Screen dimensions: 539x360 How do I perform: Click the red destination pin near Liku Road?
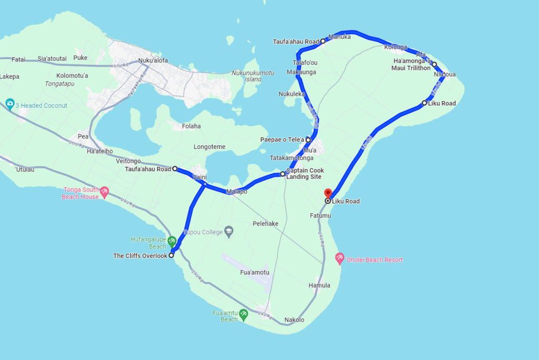[x=327, y=193]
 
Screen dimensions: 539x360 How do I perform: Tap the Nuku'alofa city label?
[x=153, y=60]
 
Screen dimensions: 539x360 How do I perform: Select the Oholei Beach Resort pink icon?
[x=340, y=259]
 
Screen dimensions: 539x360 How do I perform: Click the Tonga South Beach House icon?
[x=105, y=192]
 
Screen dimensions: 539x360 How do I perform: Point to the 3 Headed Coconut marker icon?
[x=9, y=104]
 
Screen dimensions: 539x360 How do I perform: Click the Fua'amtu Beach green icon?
[x=243, y=314]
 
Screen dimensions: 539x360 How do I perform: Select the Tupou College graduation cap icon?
[x=228, y=231]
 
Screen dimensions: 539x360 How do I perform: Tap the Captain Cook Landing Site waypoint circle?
[x=283, y=174]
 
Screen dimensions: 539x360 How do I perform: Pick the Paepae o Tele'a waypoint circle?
[x=308, y=139]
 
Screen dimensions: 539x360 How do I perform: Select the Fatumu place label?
[x=321, y=216]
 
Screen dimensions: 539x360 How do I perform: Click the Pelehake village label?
[x=265, y=224]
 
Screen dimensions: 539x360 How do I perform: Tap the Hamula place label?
[x=320, y=285]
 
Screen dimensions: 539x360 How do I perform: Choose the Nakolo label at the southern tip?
[x=294, y=320]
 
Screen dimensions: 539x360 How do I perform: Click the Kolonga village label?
[x=396, y=47]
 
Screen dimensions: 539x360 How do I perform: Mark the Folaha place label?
[x=191, y=126]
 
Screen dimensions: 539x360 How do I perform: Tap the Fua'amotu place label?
[x=255, y=272]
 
